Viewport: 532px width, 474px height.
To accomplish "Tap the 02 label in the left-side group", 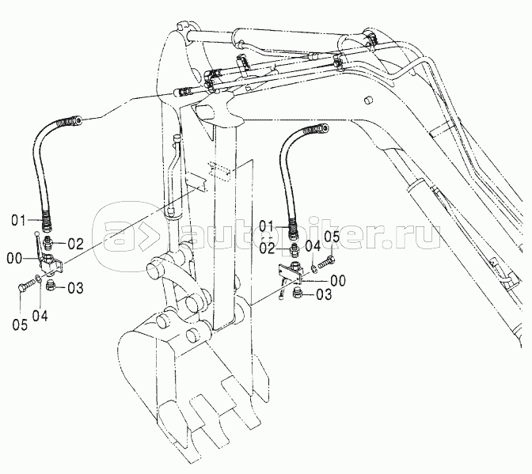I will click(x=75, y=242).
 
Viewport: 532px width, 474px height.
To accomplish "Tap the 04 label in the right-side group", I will click(x=313, y=247).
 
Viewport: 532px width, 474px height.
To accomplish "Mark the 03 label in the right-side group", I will click(x=324, y=295).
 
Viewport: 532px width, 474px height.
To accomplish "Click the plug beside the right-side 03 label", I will click(x=299, y=294).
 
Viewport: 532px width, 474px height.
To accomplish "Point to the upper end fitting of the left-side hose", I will click(x=78, y=120).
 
